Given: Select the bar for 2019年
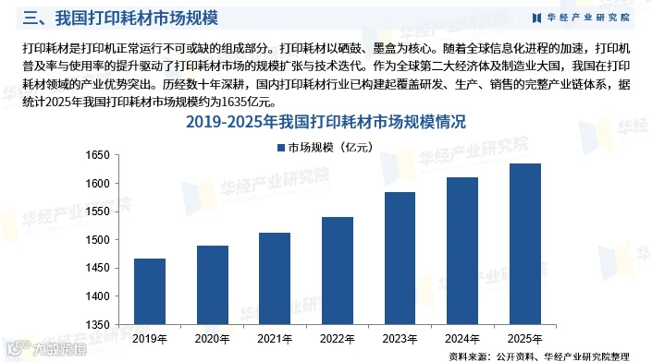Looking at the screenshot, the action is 150,292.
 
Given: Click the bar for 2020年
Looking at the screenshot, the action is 213,285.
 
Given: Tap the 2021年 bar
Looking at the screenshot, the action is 275,279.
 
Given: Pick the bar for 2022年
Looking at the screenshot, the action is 338,271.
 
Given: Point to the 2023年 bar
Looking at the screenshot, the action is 400,259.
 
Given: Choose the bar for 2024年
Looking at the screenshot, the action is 462,251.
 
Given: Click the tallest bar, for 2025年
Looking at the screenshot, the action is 525,244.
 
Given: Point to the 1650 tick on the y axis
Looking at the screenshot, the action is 97,155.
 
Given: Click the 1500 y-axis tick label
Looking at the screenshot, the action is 97,240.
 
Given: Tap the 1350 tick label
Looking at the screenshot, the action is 97,325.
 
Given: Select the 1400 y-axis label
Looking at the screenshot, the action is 97,296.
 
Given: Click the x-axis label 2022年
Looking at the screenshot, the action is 338,339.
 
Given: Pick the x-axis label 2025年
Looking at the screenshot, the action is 524,339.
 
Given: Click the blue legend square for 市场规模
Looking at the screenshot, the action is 281,148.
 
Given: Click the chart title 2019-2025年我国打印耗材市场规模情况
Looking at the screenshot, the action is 326,122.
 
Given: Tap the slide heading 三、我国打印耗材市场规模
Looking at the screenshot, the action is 120,18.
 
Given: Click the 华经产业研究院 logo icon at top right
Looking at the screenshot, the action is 536,18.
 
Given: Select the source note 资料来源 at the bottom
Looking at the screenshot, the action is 539,356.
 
